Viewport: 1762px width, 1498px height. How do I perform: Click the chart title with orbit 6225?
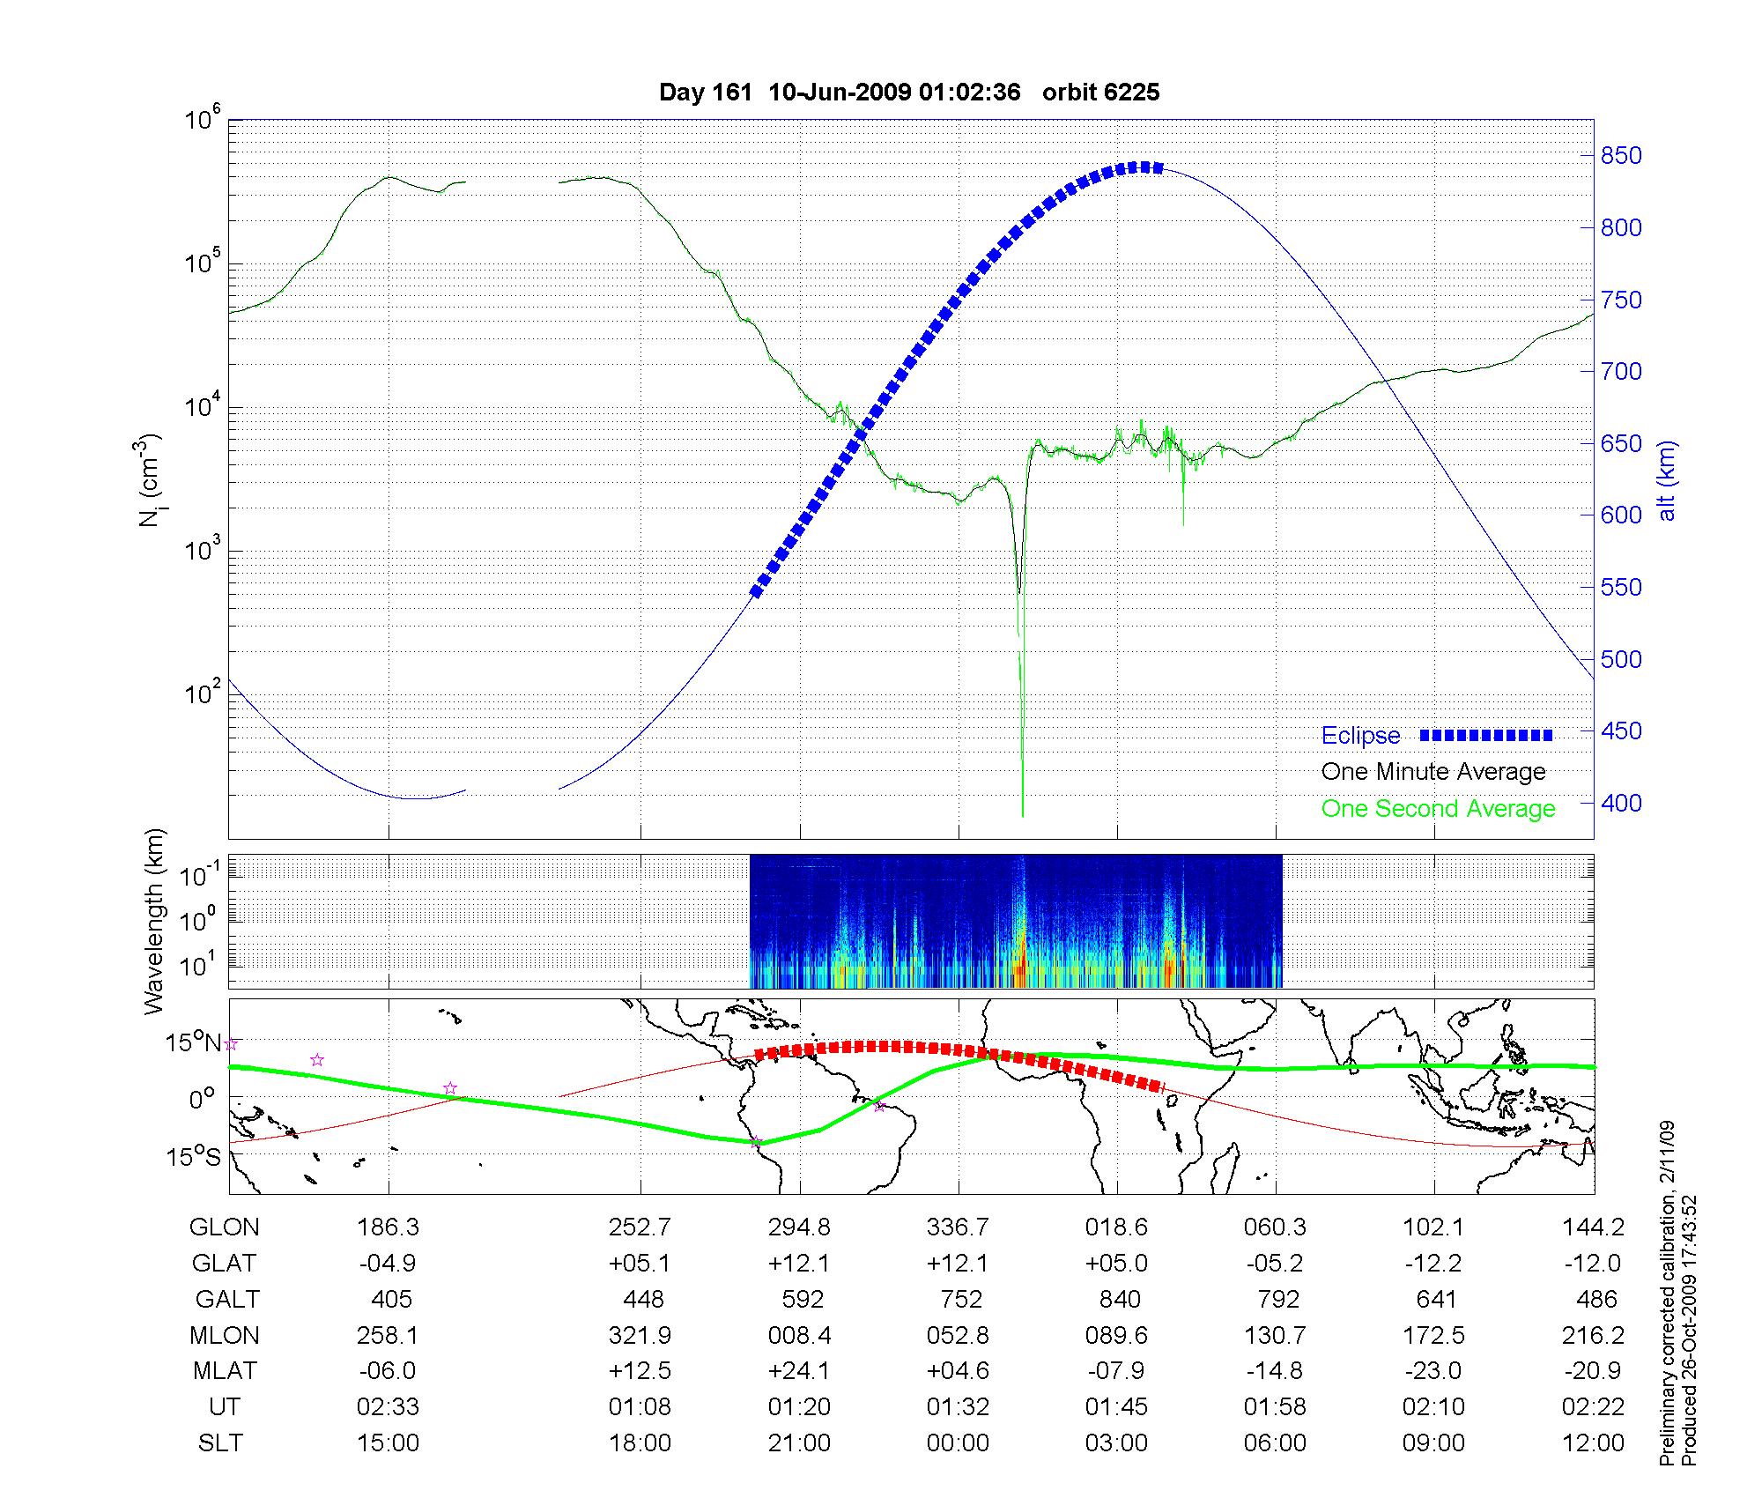[909, 93]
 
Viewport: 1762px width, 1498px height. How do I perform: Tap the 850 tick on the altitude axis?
[1621, 156]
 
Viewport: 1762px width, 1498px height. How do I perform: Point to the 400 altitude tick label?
[1621, 803]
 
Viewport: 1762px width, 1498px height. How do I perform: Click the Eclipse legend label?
[1360, 736]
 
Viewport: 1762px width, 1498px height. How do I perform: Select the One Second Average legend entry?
[1438, 809]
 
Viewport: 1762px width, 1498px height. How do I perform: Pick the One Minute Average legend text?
[1433, 772]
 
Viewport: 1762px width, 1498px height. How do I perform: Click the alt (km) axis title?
[1667, 480]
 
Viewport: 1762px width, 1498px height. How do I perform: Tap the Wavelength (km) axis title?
[154, 921]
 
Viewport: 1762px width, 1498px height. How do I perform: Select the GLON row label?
[225, 1227]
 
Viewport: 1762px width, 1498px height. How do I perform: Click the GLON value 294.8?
[799, 1227]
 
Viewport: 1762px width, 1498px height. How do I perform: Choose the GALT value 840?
[1120, 1300]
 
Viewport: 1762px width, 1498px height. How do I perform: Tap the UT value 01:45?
[1116, 1407]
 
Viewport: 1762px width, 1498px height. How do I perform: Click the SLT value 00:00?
[958, 1443]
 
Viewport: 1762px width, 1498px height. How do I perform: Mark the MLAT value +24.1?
[799, 1371]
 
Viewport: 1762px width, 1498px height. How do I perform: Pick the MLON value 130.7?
[1275, 1336]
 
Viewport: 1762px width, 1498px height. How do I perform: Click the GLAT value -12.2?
[1433, 1264]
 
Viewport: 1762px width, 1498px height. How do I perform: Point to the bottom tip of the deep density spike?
[1022, 816]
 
